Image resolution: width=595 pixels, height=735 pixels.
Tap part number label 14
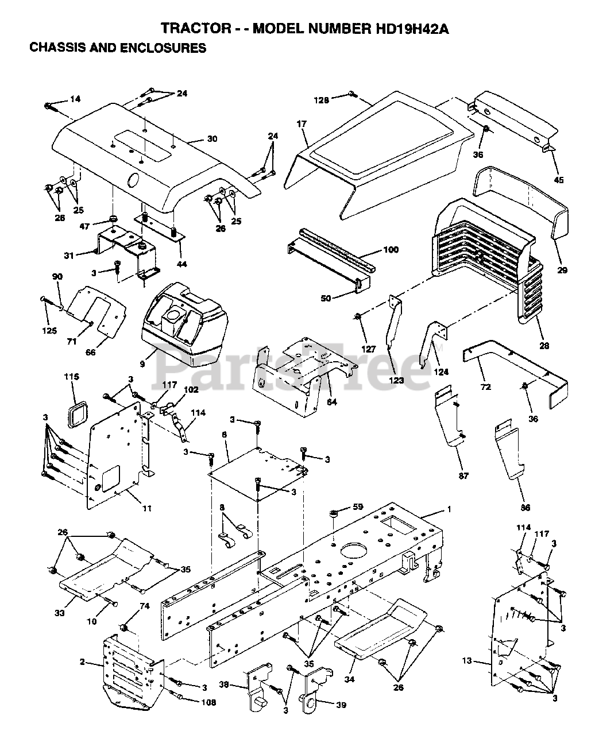(x=75, y=99)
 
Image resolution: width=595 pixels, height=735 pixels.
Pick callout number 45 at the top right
(x=558, y=180)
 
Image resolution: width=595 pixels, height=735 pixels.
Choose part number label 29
(x=562, y=254)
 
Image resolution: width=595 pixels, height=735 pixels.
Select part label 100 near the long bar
(x=391, y=250)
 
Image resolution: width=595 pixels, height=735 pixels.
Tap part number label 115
(x=71, y=377)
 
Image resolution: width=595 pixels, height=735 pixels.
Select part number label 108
(x=208, y=702)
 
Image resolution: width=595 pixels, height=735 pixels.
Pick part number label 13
(x=467, y=661)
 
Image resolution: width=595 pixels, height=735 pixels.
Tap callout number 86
(x=526, y=507)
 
